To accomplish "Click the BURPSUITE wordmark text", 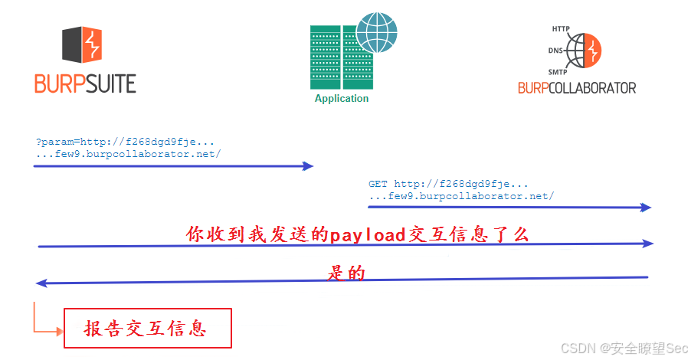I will tap(85, 83).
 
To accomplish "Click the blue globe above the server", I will tap(376, 30).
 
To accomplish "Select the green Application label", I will tap(342, 99).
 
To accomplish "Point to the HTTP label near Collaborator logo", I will tap(561, 29).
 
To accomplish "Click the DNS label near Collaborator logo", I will tap(555, 51).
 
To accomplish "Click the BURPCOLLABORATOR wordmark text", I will tap(577, 88).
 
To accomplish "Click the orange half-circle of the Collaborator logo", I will tap(593, 51).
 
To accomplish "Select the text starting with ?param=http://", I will tap(125, 142).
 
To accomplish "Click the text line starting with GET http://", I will tap(448, 185).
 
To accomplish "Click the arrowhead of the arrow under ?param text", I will tap(309, 165).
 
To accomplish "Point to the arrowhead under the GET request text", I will tap(647, 207).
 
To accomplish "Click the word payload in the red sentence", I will tap(366, 234).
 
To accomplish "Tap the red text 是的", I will tap(346, 273).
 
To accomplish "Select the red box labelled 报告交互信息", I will tap(147, 329).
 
